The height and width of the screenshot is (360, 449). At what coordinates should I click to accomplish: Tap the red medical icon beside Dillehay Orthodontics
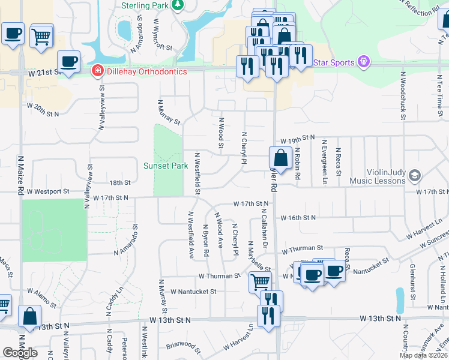click(96, 71)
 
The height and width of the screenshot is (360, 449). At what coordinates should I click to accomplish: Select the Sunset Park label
click(161, 166)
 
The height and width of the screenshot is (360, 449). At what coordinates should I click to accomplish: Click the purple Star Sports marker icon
click(363, 61)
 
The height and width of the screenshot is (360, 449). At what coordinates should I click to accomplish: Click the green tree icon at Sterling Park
click(177, 5)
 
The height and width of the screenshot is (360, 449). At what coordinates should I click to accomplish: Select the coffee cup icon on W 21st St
click(69, 61)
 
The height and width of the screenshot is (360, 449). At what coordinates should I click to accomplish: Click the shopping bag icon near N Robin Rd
click(280, 158)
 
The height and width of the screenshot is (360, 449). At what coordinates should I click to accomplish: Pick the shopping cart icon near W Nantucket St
click(260, 281)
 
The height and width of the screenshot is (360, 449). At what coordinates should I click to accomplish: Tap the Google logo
click(20, 353)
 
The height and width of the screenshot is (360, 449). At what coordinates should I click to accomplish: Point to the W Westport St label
click(48, 191)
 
